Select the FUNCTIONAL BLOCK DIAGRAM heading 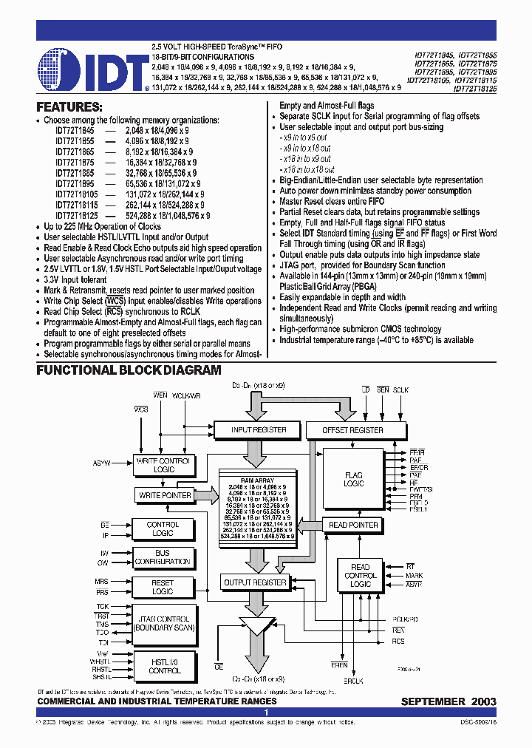tap(129, 370)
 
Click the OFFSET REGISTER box tap(353, 429)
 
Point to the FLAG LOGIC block tap(354, 479)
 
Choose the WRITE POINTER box tap(165, 495)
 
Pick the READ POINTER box tap(353, 525)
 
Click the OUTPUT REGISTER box tap(254, 582)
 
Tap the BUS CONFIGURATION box tap(163, 557)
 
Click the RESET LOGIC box tap(163, 587)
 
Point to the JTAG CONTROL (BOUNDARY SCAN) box tap(163, 623)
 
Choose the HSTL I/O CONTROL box tap(164, 666)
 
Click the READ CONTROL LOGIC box tap(361, 575)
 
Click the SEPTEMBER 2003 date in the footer tap(449, 701)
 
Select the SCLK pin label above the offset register tap(400, 390)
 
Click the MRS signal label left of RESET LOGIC tap(101, 582)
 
